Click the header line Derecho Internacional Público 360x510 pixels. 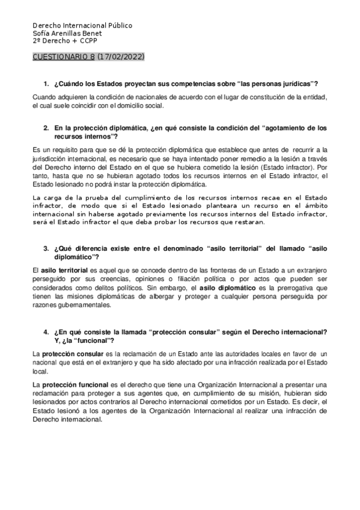point(82,26)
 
